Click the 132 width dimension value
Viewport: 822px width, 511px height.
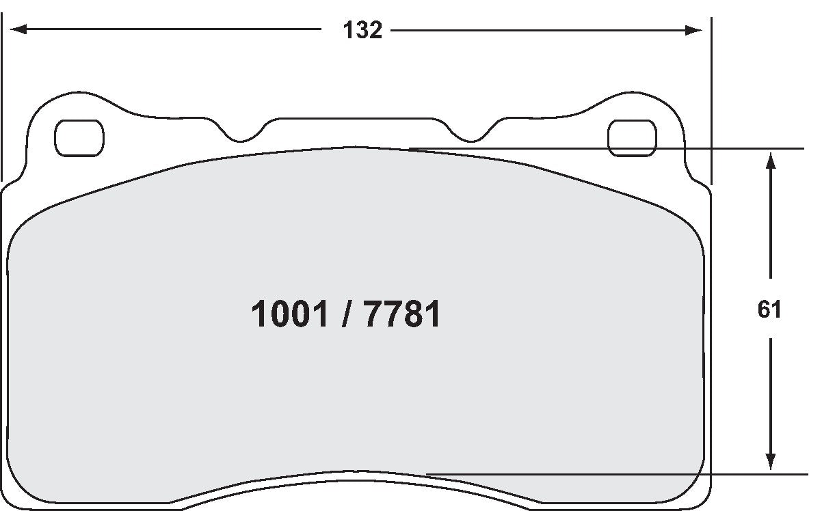coord(362,30)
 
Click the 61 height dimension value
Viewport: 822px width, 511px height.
coord(769,309)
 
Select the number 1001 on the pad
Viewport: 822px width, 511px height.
coord(290,315)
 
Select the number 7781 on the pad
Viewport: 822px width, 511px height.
coord(402,315)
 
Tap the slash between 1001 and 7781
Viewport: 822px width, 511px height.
coord(346,315)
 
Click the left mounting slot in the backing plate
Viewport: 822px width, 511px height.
coord(79,137)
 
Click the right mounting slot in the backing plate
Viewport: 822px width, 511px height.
coord(632,137)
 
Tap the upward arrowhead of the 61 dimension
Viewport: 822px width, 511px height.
coord(770,161)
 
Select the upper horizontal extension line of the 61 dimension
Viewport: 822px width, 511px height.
coord(615,148)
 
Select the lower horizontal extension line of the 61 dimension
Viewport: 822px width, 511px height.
coord(615,473)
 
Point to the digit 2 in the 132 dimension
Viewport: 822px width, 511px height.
coord(375,30)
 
